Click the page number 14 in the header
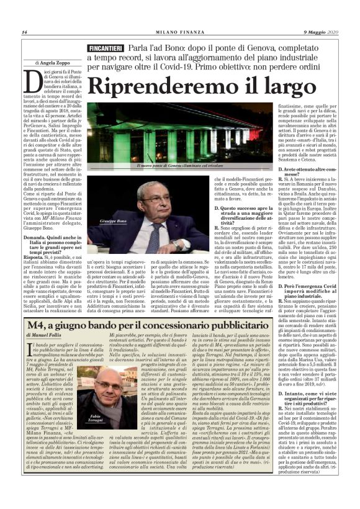[x=24, y=32]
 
